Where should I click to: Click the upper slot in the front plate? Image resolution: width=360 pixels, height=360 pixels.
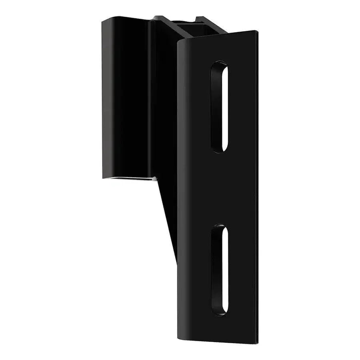(x=220, y=106)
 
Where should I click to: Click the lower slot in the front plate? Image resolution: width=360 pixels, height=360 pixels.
(x=220, y=270)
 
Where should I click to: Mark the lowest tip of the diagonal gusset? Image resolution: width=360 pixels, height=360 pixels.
(x=176, y=260)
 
